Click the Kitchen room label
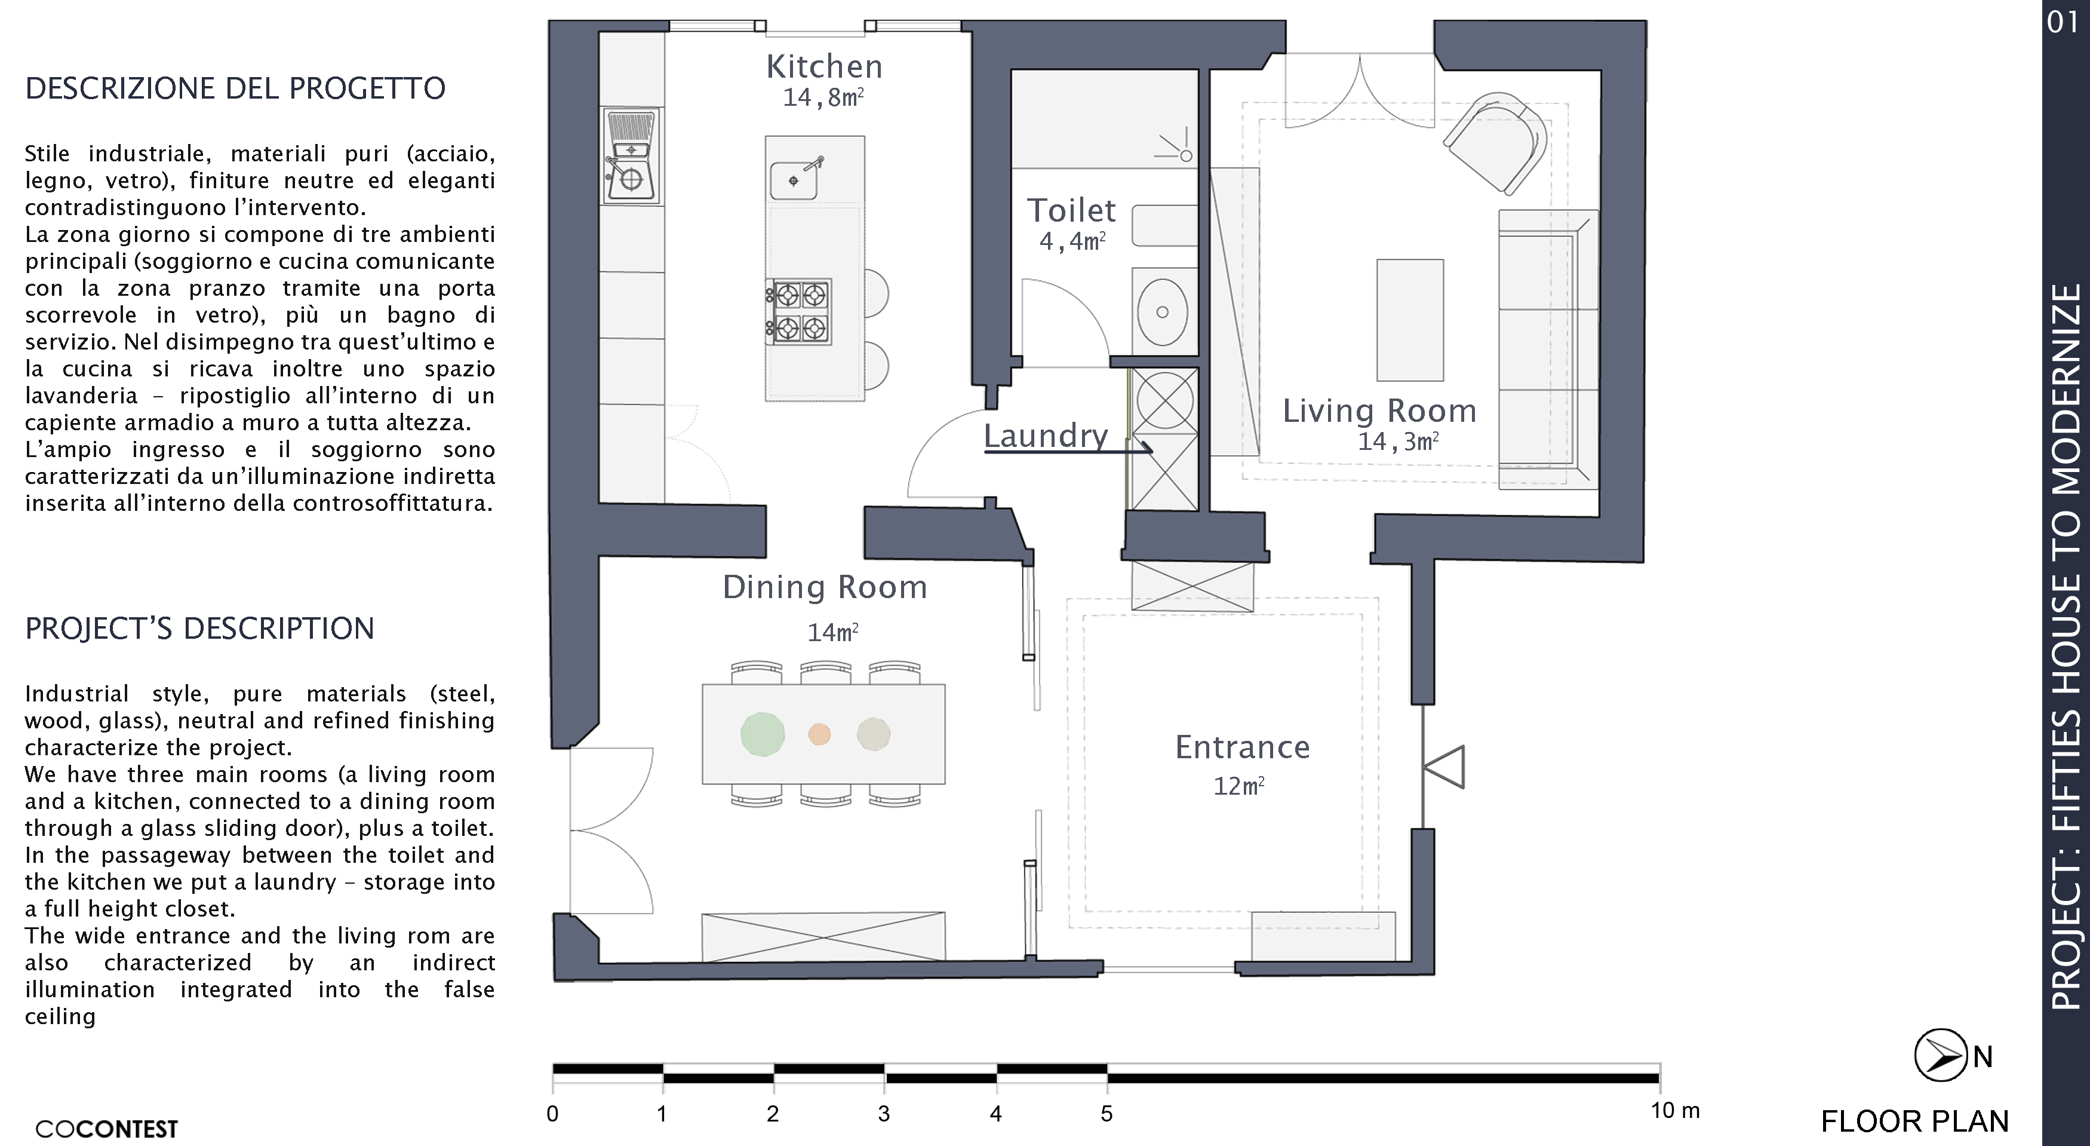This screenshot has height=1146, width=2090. [x=824, y=66]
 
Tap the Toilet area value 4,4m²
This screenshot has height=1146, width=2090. [x=1072, y=241]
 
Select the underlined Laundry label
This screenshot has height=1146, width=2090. [x=1046, y=436]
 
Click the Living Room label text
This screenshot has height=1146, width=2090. [x=1379, y=410]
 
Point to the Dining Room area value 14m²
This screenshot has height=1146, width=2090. [x=832, y=632]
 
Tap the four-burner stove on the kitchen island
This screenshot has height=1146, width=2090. [x=799, y=312]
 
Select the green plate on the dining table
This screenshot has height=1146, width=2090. [x=763, y=734]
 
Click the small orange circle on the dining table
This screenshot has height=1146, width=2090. [x=819, y=734]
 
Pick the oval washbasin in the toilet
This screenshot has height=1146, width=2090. [x=1163, y=312]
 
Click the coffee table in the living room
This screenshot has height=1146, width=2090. [x=1410, y=320]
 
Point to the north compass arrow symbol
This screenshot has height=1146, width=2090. [x=1941, y=1055]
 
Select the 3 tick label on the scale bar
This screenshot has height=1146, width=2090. [x=884, y=1114]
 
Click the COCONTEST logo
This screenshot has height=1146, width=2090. [x=106, y=1129]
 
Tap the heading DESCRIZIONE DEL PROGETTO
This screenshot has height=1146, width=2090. [x=235, y=88]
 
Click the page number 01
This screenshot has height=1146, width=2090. [x=2063, y=22]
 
